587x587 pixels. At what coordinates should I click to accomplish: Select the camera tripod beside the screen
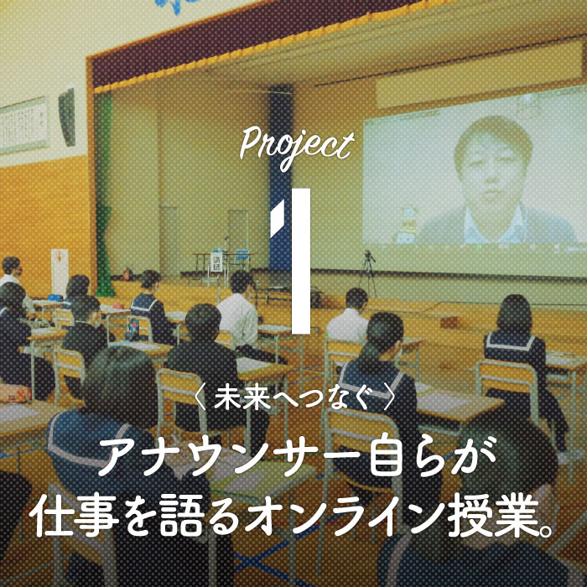pos(368,271)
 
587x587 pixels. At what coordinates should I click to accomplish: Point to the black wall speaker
pos(67,117)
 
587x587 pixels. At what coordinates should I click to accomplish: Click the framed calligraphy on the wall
pos(24,126)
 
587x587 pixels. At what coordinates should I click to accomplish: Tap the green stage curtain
pos(104,195)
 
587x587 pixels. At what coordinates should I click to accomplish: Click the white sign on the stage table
pos(216,262)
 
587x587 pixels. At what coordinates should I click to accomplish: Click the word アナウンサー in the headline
pos(232,458)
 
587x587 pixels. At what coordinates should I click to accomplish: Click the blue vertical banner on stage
pos(280,176)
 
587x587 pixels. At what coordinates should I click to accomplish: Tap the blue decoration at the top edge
pos(175,5)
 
